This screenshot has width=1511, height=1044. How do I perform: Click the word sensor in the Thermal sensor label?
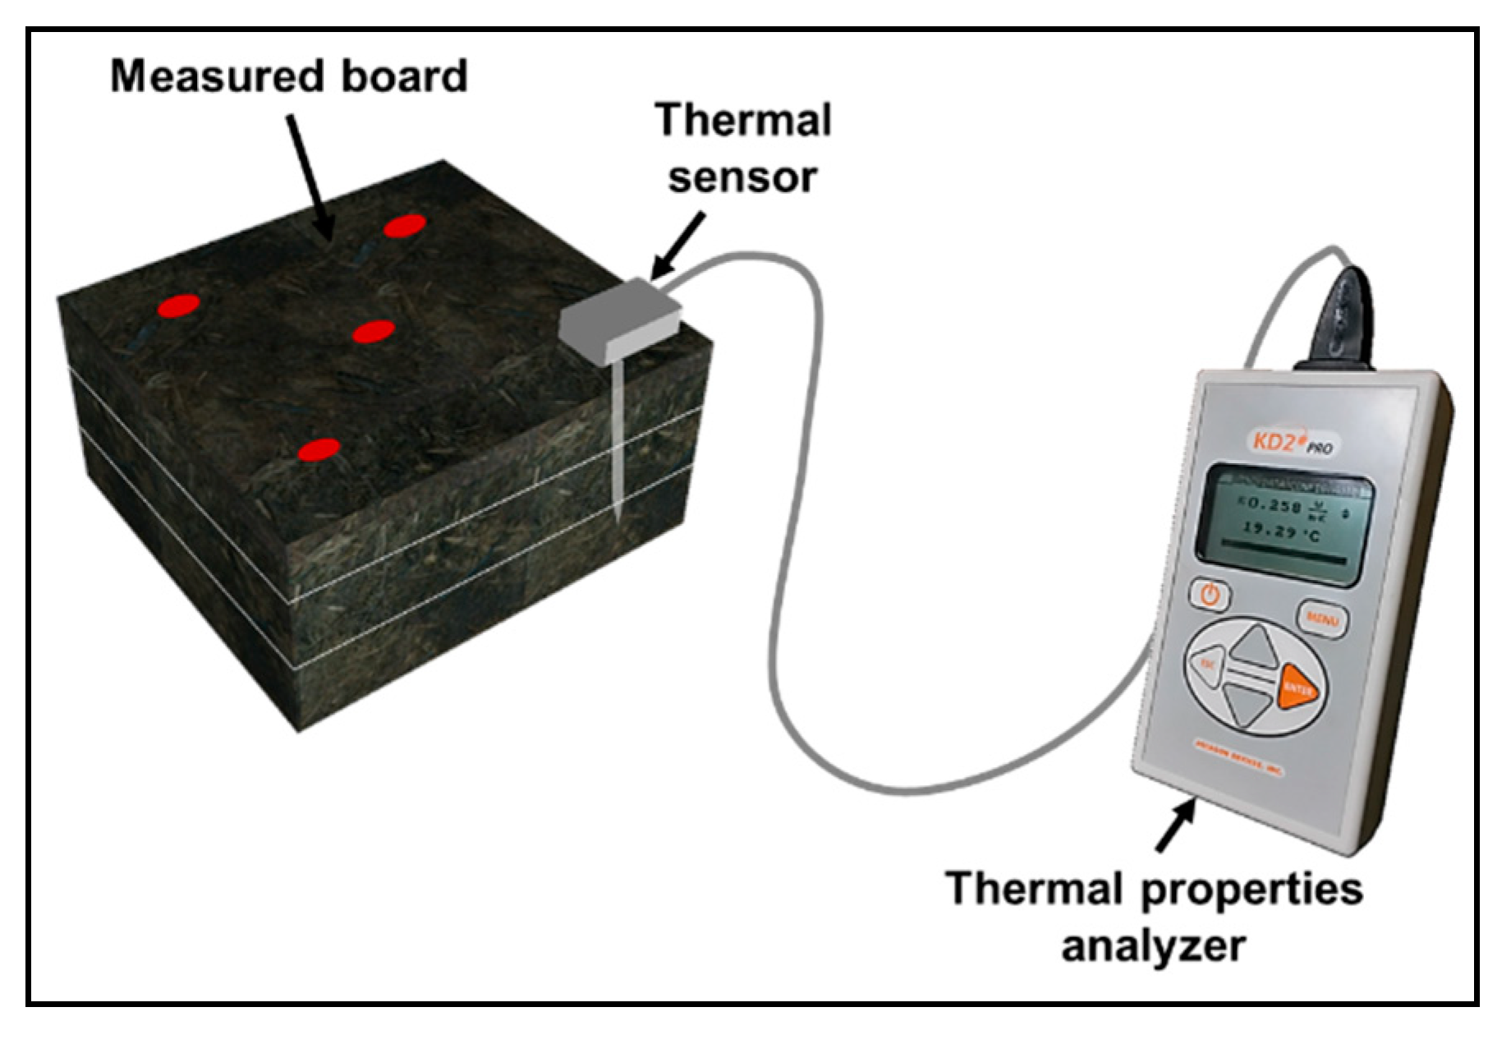point(742,178)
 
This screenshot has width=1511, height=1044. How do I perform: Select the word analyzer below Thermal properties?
point(1153,945)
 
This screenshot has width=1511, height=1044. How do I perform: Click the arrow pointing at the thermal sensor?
point(677,246)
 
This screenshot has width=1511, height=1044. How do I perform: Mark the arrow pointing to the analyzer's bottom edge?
point(1175,826)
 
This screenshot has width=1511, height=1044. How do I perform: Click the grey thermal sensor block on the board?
point(620,320)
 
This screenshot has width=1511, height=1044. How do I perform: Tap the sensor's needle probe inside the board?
point(617,444)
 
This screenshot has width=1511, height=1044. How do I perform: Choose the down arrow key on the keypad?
point(1247,704)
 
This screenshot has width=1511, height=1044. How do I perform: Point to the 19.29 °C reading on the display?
point(1282,531)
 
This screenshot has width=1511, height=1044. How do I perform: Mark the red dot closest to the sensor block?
point(374,331)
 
